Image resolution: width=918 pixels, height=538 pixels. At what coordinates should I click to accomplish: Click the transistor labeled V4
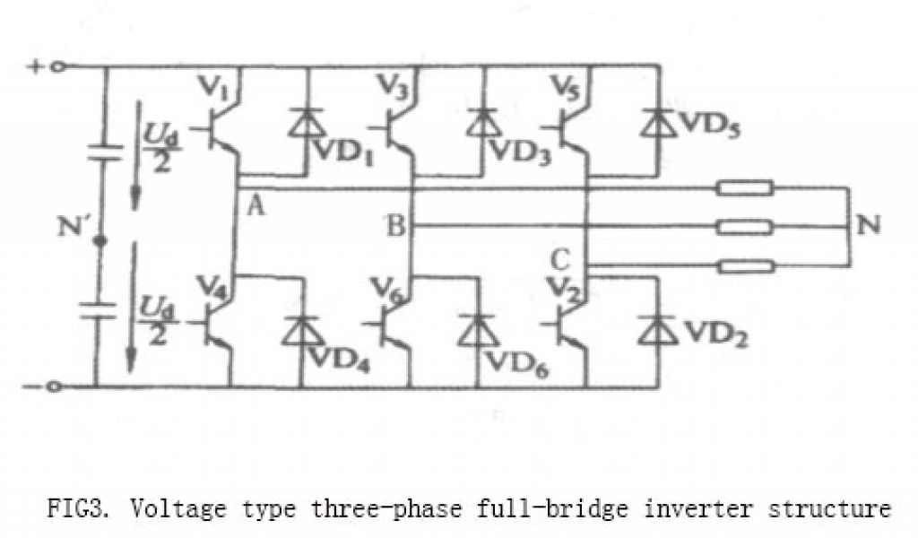click(x=218, y=328)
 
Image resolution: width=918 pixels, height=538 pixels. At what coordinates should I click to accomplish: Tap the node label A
click(x=255, y=208)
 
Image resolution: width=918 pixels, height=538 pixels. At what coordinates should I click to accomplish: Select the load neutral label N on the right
click(x=868, y=224)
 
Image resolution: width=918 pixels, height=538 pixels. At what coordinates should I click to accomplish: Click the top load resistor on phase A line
click(x=745, y=188)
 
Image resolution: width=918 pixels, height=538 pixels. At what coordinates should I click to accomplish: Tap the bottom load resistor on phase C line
click(x=745, y=265)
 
